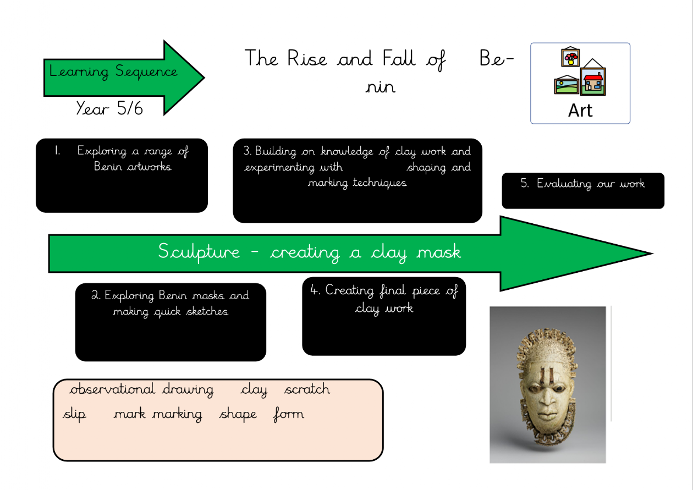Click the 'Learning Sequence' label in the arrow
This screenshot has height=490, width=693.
[x=113, y=71]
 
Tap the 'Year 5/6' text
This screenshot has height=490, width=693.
[x=109, y=108]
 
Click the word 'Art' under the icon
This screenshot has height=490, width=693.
[x=580, y=110]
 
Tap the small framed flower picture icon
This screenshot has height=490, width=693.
[x=570, y=57]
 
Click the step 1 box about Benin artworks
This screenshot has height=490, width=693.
[x=122, y=175]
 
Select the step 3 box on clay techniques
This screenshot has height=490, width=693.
[x=358, y=180]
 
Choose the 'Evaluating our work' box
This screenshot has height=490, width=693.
[x=583, y=190]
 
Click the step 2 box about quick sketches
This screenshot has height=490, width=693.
[x=170, y=322]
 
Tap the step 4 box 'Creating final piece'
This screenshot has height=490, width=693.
[x=384, y=316]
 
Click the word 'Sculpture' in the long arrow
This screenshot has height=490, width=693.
[x=199, y=252]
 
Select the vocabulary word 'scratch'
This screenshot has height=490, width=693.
[x=307, y=390]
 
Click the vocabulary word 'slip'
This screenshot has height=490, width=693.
[x=75, y=414]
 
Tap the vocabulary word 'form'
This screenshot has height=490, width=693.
[x=288, y=414]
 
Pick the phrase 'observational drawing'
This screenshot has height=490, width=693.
[x=141, y=390]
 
